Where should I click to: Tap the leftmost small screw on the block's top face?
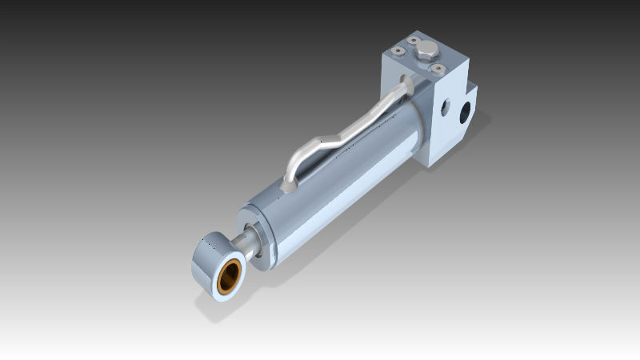click(398, 50)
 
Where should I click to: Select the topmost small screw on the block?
click(414, 39)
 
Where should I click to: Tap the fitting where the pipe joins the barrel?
click(288, 186)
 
